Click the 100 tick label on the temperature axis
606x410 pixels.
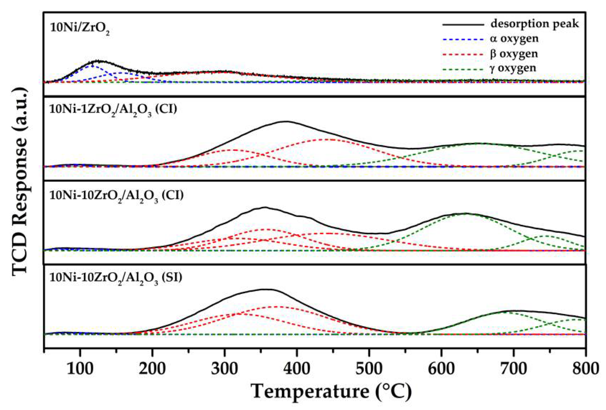pyautogui.click(x=80, y=369)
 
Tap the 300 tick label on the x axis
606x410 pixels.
pyautogui.click(x=224, y=369)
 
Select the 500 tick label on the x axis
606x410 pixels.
pyautogui.click(x=369, y=369)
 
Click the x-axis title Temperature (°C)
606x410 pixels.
pyautogui.click(x=331, y=392)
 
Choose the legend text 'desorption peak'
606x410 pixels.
pyautogui.click(x=534, y=24)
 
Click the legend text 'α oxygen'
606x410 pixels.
pyautogui.click(x=514, y=39)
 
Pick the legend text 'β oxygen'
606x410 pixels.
pyautogui.click(x=514, y=54)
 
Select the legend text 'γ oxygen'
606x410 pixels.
pyautogui.click(x=513, y=68)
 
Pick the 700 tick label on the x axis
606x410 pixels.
pyautogui.click(x=513, y=369)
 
